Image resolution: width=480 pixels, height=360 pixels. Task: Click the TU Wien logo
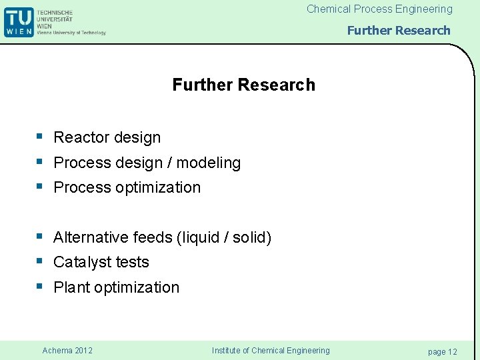pyautogui.click(x=18, y=21)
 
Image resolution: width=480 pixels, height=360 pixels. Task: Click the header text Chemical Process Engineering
pyautogui.click(x=379, y=9)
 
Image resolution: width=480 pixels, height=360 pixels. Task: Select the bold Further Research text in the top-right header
pyautogui.click(x=399, y=30)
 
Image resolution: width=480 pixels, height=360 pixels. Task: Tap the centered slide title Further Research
pyautogui.click(x=243, y=85)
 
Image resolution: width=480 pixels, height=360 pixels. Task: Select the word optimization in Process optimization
pyautogui.click(x=158, y=187)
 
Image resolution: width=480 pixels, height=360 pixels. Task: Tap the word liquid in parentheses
pyautogui.click(x=203, y=237)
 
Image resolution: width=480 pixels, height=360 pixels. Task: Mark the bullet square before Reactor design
pyautogui.click(x=40, y=137)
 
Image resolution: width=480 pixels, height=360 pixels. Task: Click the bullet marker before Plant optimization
pyautogui.click(x=40, y=287)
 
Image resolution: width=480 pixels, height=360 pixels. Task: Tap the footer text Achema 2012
pyautogui.click(x=67, y=351)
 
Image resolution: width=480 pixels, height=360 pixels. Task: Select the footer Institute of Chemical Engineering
pyautogui.click(x=270, y=351)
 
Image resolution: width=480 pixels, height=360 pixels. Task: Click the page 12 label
pyautogui.click(x=442, y=351)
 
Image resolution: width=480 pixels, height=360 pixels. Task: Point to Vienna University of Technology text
pyautogui.click(x=71, y=32)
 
